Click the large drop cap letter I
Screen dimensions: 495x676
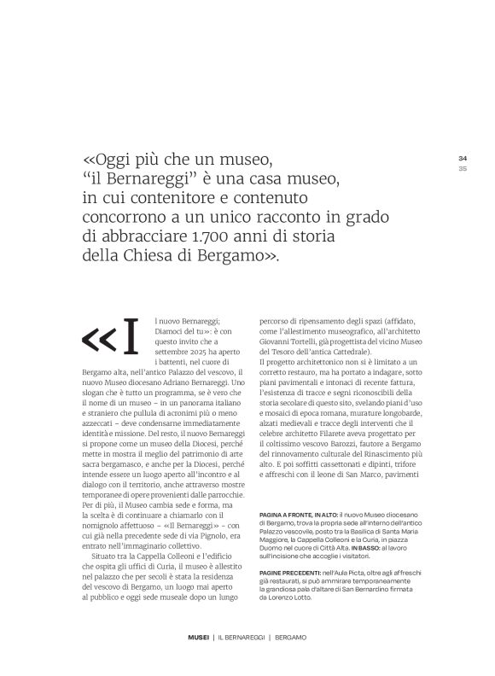[x=130, y=340]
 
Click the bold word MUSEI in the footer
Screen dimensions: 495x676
[x=198, y=661]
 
